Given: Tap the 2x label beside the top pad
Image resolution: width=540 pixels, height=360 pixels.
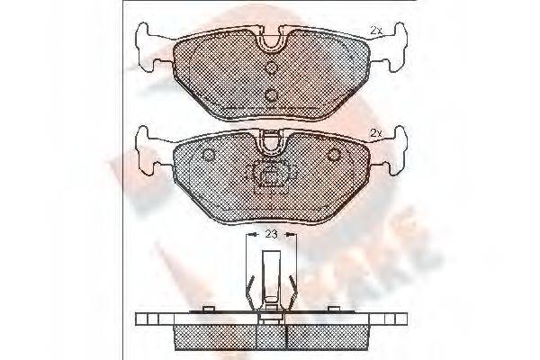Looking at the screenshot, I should [376, 31].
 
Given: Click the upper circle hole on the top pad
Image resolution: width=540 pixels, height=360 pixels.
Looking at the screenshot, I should [271, 67].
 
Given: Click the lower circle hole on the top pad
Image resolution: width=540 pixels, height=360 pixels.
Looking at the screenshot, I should [271, 93].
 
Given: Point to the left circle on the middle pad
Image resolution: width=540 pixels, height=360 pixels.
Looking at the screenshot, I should [209, 156].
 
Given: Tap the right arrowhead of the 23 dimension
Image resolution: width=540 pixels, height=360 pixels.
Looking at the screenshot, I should [291, 233].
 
